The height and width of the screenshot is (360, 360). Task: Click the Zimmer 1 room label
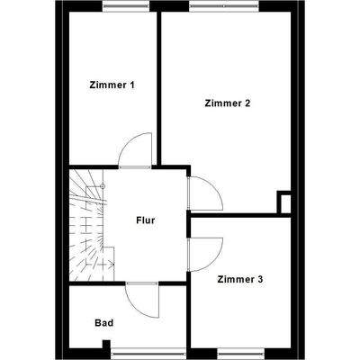click(x=112, y=85)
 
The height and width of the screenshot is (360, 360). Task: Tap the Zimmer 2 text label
click(x=228, y=103)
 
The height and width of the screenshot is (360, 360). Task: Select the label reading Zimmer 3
click(x=240, y=280)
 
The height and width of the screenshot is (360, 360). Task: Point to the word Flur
click(x=146, y=220)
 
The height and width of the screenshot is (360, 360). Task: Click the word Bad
click(x=103, y=321)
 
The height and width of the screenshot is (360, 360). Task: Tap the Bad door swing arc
click(x=141, y=297)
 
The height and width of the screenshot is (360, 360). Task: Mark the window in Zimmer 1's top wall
click(x=127, y=6)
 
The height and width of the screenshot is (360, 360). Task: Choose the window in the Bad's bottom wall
click(x=141, y=353)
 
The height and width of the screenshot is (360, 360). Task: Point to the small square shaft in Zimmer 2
click(x=284, y=202)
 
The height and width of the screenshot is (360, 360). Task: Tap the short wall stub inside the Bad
click(x=107, y=346)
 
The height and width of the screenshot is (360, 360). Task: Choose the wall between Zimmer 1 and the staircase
click(x=90, y=166)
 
